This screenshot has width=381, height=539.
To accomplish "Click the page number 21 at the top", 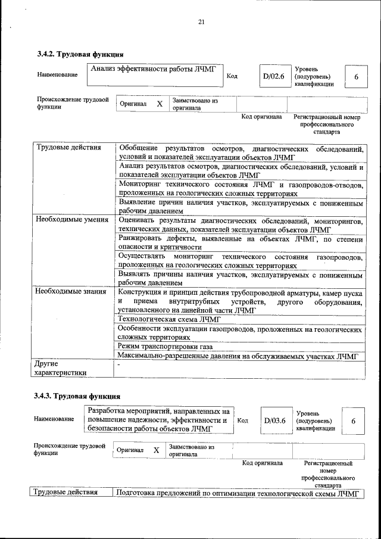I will tap(201, 22).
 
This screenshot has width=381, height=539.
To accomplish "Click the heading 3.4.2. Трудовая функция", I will tap(80, 55).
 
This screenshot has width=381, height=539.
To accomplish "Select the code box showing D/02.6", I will tap(274, 76).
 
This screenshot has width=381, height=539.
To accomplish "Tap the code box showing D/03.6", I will tap(275, 420).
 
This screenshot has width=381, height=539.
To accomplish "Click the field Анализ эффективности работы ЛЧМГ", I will tap(154, 69).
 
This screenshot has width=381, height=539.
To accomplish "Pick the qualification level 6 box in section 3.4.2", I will tap(356, 77).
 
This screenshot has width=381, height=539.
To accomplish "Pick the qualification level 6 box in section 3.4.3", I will tap(353, 421).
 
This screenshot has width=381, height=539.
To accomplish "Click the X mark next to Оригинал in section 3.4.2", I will tap(159, 104).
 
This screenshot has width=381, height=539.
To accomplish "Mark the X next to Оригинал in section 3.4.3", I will tap(156, 450).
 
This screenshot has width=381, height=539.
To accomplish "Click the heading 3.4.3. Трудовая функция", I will tap(77, 395).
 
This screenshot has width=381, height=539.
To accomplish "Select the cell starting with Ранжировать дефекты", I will tap(240, 242).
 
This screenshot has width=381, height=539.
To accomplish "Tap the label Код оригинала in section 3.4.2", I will tap(261, 117).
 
